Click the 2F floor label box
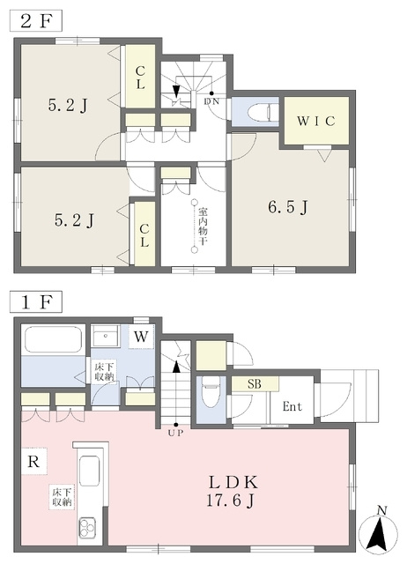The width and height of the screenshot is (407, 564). (x=35, y=20)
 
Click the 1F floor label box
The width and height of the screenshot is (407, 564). (x=35, y=301)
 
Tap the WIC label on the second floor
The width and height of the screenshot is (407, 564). (x=316, y=122)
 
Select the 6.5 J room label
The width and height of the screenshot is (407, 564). (x=288, y=208)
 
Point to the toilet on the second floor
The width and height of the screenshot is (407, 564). (x=263, y=112)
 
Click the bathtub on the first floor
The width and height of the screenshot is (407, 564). (x=53, y=339)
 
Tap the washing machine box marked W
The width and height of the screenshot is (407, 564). (x=141, y=337)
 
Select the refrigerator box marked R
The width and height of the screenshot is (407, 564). (x=33, y=461)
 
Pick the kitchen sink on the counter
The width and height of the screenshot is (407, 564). (x=89, y=471)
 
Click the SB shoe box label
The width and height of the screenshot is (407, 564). (x=255, y=384)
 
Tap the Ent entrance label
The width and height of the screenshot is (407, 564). (x=292, y=406)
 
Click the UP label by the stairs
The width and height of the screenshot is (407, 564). (x=176, y=433)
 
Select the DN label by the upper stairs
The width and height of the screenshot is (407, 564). (x=211, y=101)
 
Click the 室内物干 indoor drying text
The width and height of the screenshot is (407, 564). (x=203, y=226)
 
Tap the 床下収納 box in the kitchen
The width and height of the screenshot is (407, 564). (x=63, y=497)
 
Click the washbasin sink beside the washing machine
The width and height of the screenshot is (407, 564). (x=106, y=336)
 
